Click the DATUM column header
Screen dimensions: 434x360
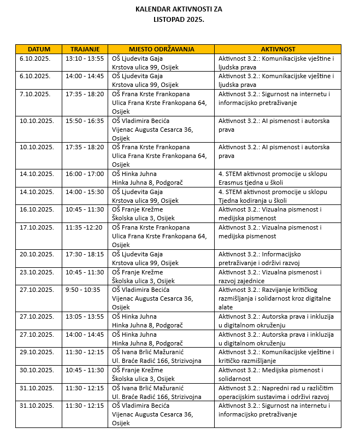[x=38, y=49]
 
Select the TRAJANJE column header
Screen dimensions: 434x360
[x=85, y=49]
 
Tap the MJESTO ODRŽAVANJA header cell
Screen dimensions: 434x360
[x=161, y=49]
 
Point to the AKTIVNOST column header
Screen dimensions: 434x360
[x=278, y=49]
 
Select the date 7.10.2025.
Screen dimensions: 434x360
[x=35, y=94]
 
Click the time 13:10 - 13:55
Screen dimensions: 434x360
[x=84, y=58]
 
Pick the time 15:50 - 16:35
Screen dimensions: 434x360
[x=84, y=121]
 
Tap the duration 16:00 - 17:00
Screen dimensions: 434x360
[x=84, y=174]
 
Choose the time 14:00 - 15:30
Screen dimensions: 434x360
[x=84, y=192]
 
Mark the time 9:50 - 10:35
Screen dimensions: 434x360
[x=82, y=290]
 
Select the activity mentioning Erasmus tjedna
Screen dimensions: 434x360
[x=273, y=178]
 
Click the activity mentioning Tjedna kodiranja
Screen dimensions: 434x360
[x=273, y=196]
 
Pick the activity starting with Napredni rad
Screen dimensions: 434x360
[x=276, y=392]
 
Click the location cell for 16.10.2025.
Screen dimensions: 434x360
[x=144, y=214]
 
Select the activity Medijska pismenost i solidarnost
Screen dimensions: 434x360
[x=270, y=374]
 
